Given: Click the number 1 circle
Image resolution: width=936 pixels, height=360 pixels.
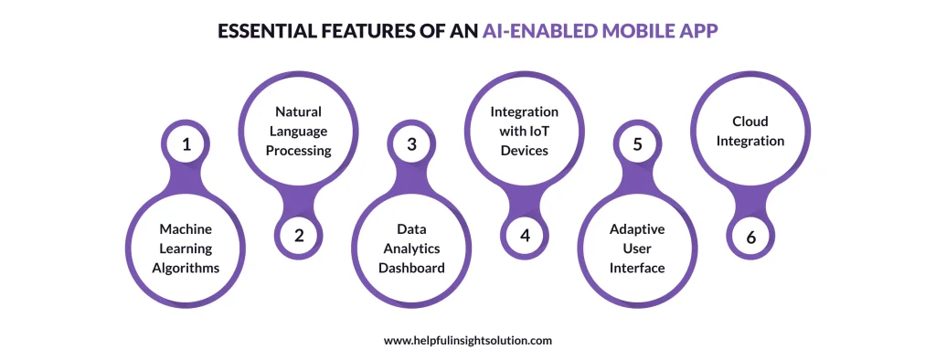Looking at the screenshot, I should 186,144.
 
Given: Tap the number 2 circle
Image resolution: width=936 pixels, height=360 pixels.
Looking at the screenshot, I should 299,235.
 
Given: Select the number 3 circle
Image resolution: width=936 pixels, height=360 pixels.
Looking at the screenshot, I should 411,144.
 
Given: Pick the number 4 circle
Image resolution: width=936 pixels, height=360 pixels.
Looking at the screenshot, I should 525,235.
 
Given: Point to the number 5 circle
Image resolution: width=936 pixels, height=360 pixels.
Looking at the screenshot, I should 637,144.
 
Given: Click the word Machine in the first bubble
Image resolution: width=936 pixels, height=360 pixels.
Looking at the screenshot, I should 186,228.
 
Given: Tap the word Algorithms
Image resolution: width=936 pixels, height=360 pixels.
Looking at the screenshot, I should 186,267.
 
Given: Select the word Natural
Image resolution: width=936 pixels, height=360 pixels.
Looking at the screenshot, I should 299,111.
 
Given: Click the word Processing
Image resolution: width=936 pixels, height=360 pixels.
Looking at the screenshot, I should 299,150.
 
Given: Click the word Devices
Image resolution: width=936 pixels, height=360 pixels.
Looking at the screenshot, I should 525,150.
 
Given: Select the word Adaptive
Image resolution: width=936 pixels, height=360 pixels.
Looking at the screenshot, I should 637,228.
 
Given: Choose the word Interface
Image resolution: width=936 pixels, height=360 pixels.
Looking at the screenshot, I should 637,267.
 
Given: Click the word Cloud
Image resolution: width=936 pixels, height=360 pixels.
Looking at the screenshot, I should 750,122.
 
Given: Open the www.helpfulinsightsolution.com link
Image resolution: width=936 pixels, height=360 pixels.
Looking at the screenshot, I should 467,340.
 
